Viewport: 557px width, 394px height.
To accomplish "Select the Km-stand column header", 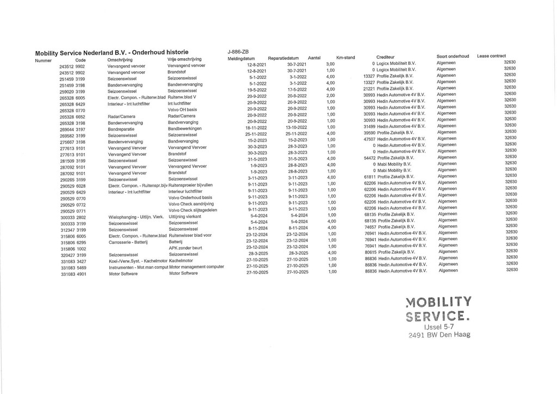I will (x=346, y=57).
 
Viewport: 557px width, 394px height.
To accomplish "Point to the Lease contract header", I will (x=491, y=56).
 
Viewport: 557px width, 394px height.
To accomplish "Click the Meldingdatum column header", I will (x=242, y=58).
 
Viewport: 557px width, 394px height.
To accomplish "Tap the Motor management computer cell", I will (x=196, y=267).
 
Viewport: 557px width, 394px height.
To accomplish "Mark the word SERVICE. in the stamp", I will (x=438, y=316).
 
